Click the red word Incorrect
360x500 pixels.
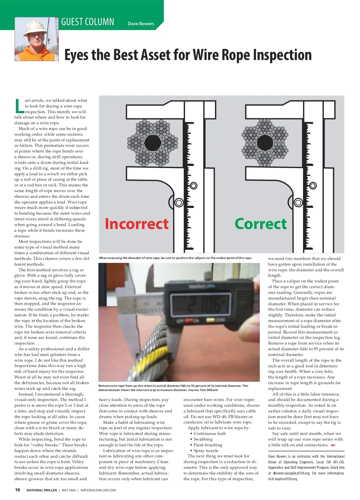click(x=136, y=224)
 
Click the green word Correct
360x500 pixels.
click(x=260, y=224)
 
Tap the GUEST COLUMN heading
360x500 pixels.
click(x=88, y=22)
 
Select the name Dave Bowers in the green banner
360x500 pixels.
click(x=141, y=24)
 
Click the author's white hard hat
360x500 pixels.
click(x=35, y=28)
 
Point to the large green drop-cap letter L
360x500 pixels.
click(x=19, y=106)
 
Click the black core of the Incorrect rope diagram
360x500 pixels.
click(x=153, y=143)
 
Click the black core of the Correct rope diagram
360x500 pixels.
click(x=265, y=143)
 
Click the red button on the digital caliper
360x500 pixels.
click(x=189, y=321)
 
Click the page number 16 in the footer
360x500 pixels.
click(x=18, y=490)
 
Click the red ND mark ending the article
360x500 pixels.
click(x=333, y=445)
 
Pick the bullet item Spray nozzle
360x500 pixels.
click(x=206, y=450)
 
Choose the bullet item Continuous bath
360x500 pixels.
click(x=210, y=433)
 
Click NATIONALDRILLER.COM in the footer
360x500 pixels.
click(x=98, y=490)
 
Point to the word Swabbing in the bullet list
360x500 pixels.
click(x=203, y=439)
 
